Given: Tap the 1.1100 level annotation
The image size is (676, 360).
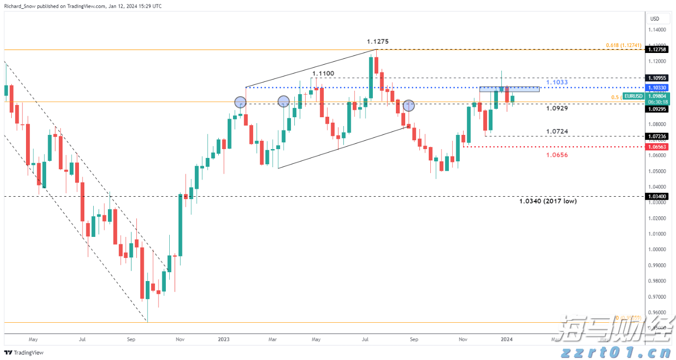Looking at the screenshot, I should [x=323, y=73].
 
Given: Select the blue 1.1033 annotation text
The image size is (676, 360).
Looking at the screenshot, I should [x=557, y=82].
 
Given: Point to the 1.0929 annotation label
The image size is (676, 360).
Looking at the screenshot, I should [x=557, y=108].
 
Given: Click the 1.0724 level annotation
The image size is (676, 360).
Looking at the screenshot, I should [x=557, y=131].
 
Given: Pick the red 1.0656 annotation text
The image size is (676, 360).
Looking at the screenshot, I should [x=557, y=154].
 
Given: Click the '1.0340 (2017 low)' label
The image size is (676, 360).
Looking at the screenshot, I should [x=547, y=201].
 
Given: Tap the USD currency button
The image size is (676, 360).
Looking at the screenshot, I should [x=654, y=19].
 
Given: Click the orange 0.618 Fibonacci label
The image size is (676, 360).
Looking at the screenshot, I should [x=623, y=45].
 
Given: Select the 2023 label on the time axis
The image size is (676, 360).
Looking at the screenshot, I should [x=224, y=339].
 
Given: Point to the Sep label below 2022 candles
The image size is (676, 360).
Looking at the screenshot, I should [x=130, y=339].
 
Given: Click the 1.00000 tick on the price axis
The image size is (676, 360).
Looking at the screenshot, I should [x=657, y=249].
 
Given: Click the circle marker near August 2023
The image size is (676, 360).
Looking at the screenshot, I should [x=409, y=105].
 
